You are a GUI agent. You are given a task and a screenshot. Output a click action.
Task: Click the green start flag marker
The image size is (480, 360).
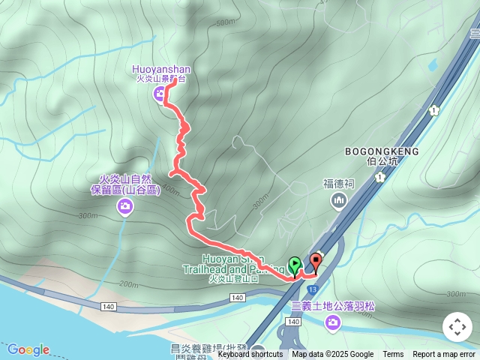click(x=295, y=264)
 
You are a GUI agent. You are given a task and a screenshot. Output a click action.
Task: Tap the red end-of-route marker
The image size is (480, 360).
click(x=316, y=262)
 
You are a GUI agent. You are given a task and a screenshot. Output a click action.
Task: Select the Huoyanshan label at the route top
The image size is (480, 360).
click(x=163, y=69)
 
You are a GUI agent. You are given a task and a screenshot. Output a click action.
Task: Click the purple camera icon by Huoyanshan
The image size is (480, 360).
click(x=160, y=94)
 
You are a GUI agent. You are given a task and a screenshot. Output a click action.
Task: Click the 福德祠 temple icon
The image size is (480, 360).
click(x=338, y=200)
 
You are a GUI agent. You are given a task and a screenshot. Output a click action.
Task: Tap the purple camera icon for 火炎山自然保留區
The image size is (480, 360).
click(x=125, y=206)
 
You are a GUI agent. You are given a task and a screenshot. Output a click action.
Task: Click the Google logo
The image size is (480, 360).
click(x=28, y=349)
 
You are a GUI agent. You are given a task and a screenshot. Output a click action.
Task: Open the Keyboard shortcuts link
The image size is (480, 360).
click(x=250, y=355)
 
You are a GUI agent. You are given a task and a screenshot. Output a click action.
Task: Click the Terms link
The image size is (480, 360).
click(x=393, y=355)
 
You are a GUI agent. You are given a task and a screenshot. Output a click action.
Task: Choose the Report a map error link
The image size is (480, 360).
click(x=444, y=355)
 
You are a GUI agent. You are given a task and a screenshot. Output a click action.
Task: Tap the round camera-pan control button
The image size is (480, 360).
click(x=457, y=327)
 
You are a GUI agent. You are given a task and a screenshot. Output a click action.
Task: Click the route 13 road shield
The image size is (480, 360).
click(x=312, y=289)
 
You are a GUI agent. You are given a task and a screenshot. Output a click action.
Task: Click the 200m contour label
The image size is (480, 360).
click(x=128, y=285)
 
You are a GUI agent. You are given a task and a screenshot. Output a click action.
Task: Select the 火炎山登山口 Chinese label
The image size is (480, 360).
click(x=233, y=279)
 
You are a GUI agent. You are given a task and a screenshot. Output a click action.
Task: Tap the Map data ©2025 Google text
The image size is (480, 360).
click(x=332, y=355)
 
